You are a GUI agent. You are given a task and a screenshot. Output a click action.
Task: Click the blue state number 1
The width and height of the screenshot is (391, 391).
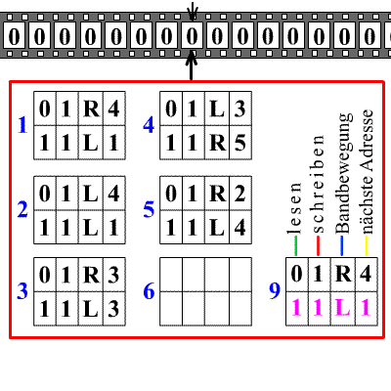pyautogui.click(x=22, y=124)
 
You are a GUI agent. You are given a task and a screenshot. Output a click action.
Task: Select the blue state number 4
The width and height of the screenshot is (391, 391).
pyautogui.click(x=148, y=124)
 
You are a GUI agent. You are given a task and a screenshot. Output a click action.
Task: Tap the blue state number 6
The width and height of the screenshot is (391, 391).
pyautogui.click(x=148, y=291)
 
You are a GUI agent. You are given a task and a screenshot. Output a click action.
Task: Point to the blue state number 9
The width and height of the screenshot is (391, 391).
pyautogui.click(x=276, y=290)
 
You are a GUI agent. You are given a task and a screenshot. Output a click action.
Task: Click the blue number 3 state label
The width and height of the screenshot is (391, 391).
pyautogui.click(x=22, y=291)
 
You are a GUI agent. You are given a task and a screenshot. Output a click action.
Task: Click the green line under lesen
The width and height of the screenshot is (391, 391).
pyautogui.click(x=295, y=249)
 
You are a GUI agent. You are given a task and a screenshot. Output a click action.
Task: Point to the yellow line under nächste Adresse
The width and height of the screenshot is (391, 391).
pyautogui.click(x=365, y=249)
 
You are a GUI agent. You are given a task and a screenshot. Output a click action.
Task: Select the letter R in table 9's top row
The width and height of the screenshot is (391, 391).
pyautogui.click(x=342, y=275)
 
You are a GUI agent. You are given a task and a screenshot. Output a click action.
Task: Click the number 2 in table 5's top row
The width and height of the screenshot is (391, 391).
pyautogui.click(x=239, y=194)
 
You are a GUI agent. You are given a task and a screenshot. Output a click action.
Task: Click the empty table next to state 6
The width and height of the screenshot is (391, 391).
pyautogui.click(x=203, y=290)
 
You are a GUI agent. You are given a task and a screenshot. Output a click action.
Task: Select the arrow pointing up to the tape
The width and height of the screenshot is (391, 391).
pyautogui.click(x=192, y=67)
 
